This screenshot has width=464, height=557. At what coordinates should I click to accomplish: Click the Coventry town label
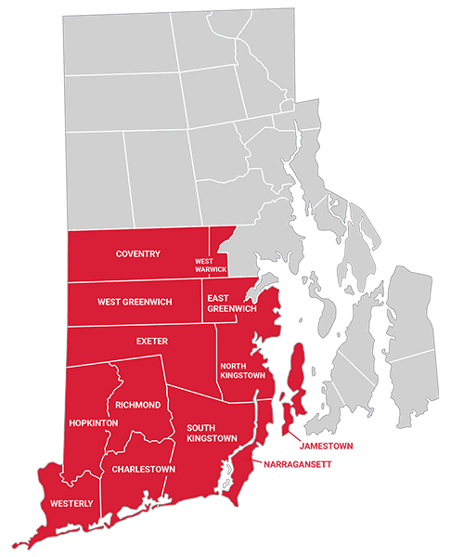(138, 253)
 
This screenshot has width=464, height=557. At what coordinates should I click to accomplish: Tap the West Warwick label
(210, 266)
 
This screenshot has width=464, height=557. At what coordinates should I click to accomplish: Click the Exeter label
(152, 341)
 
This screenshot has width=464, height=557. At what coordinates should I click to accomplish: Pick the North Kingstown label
(242, 371)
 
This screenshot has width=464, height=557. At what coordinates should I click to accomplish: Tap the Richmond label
(138, 405)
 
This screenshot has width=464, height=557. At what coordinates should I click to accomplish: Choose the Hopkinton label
(93, 422)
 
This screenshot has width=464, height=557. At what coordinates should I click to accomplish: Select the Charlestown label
(143, 469)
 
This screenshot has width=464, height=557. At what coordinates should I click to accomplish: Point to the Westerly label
(71, 503)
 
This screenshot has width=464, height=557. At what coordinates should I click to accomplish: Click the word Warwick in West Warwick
(210, 270)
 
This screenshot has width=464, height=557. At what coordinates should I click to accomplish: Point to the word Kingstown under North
(242, 376)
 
